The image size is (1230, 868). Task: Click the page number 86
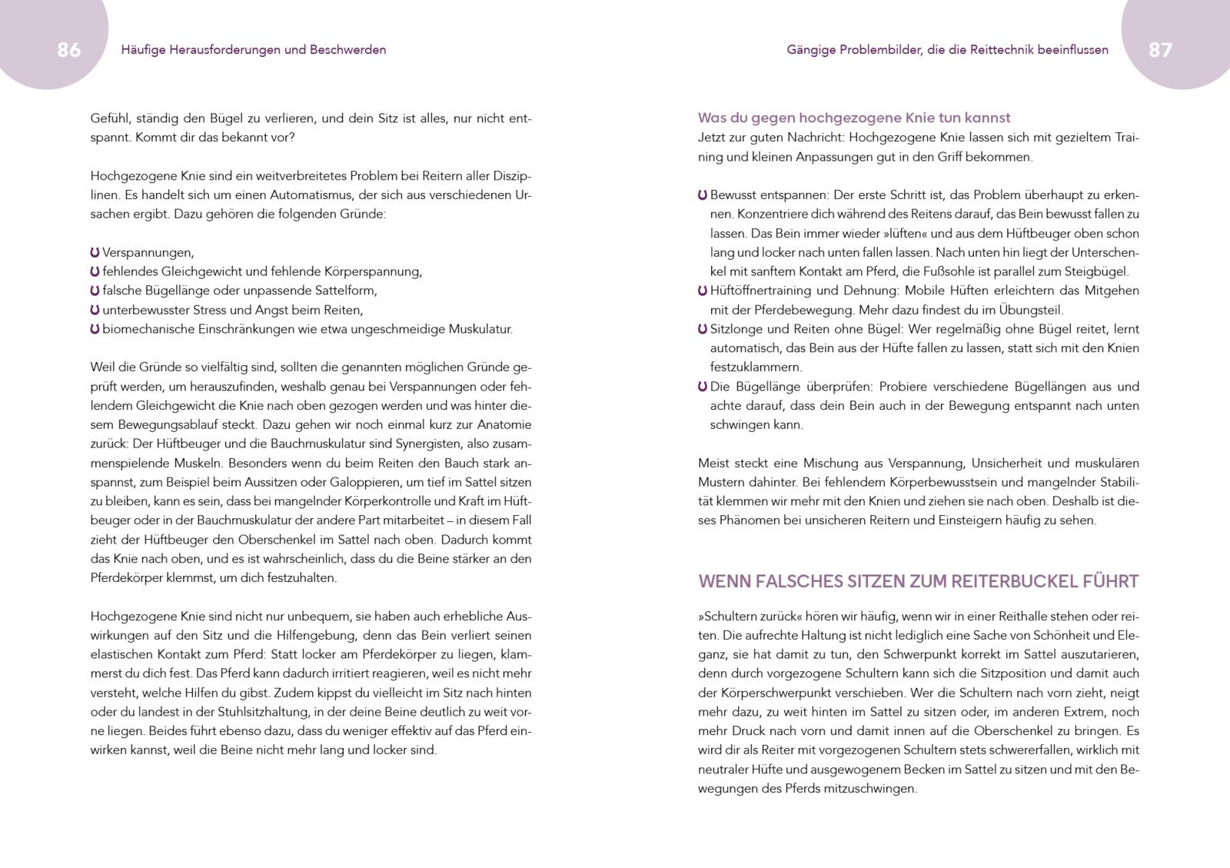tap(68, 50)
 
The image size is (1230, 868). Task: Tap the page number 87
tap(1160, 50)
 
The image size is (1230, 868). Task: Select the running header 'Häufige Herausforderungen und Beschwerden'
tap(254, 50)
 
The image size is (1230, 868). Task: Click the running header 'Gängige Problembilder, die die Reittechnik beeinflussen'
tap(947, 50)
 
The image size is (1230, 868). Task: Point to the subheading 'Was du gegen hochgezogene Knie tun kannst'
tap(853, 118)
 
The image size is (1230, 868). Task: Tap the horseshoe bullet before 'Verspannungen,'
tap(95, 252)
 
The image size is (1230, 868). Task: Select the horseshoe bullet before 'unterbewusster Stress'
tap(95, 310)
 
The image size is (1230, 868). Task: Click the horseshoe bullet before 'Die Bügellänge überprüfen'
tap(703, 386)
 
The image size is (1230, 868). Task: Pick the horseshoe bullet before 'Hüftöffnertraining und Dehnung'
tap(703, 291)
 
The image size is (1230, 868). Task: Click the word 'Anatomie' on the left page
tap(504, 424)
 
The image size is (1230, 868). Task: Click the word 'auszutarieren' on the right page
tap(1099, 654)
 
